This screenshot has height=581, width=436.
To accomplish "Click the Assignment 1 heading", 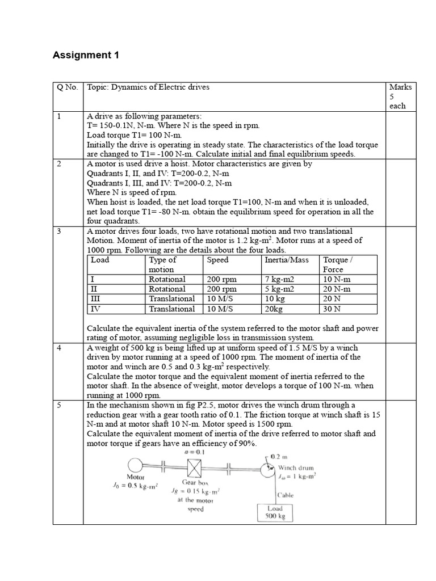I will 86,55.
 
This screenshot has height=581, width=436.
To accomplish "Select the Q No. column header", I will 67,87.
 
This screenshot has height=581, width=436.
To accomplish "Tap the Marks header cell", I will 400,96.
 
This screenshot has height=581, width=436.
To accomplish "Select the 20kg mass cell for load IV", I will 276,309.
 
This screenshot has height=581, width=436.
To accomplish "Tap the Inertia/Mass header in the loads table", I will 287,260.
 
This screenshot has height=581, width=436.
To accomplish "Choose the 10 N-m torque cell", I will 336,279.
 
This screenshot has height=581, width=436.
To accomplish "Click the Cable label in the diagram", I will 286,495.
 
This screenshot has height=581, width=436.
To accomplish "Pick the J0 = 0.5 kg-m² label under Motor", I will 135,486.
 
